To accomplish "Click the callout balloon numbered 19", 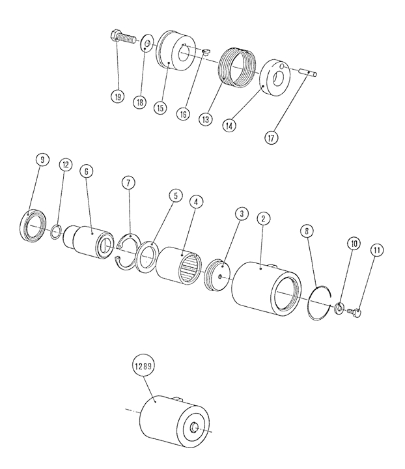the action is coord(117,96).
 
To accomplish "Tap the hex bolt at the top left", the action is coord(122,37).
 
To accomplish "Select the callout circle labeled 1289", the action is coord(143,366).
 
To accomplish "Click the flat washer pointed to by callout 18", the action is coord(147,43).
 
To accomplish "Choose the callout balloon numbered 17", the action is coord(271,138).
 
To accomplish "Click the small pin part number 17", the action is coord(307,72).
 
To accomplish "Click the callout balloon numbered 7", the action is coord(128,182).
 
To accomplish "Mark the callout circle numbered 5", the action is coord(175,195).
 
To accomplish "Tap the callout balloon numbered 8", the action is coord(307,231).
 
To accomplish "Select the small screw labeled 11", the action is coord(354,313).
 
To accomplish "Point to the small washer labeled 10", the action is coord(339,308).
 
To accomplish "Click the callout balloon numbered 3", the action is coord(242,214).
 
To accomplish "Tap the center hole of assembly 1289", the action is coord(194,428).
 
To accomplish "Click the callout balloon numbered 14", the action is coord(229,125).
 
